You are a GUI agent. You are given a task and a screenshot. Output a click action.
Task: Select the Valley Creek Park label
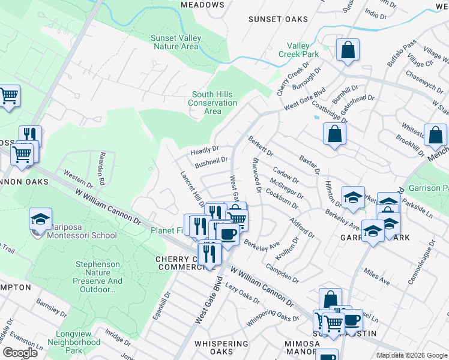click(x=298, y=50)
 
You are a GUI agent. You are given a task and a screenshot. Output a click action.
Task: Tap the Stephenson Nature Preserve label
click(x=99, y=277)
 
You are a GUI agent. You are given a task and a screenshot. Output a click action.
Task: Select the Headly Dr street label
click(x=205, y=151)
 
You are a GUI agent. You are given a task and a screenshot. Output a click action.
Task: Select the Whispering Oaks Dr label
click(x=273, y=316)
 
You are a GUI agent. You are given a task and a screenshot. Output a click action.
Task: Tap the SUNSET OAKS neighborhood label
click(x=278, y=19)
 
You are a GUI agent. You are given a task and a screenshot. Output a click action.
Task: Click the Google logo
click(x=20, y=353)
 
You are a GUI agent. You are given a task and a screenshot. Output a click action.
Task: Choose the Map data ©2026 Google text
click(x=411, y=355)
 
